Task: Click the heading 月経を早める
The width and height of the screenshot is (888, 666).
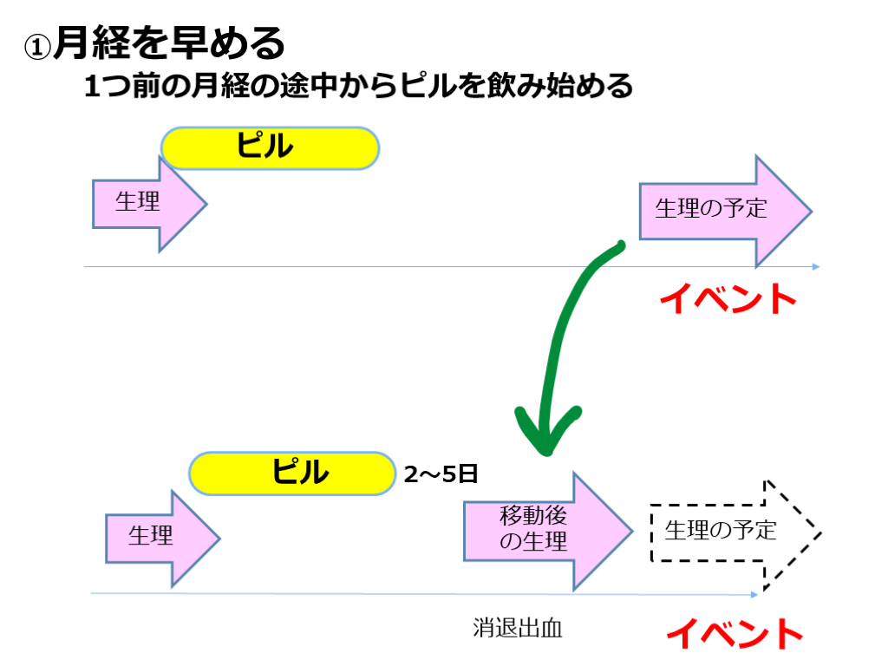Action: pyautogui.click(x=169, y=43)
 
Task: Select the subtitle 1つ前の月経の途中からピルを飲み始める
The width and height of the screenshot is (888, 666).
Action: pyautogui.click(x=358, y=87)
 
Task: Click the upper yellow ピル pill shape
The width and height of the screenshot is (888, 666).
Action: pyautogui.click(x=270, y=147)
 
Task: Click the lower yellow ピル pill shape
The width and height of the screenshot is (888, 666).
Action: pyautogui.click(x=292, y=473)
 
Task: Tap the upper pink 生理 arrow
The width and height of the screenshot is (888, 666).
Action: pyautogui.click(x=148, y=204)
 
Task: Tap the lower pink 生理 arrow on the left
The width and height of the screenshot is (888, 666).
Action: pyautogui.click(x=161, y=539)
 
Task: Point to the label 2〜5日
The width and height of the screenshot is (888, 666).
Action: pyautogui.click(x=441, y=474)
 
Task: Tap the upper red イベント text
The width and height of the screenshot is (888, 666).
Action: pyautogui.click(x=728, y=299)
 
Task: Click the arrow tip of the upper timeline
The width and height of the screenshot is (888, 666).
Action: pyautogui.click(x=815, y=267)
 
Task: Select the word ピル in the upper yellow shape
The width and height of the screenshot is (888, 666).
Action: pyautogui.click(x=265, y=147)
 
